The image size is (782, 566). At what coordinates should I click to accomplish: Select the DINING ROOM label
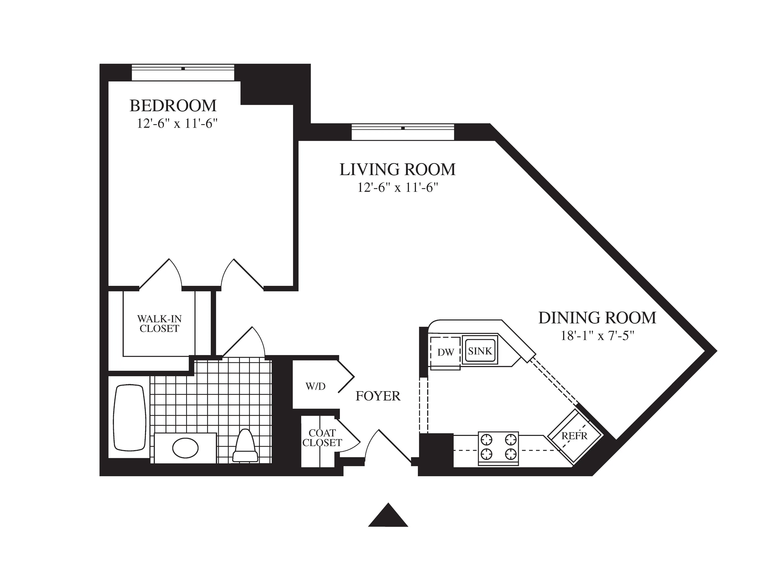click(x=597, y=318)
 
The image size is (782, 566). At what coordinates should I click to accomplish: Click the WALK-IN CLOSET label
click(x=159, y=324)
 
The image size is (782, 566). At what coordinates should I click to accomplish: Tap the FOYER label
click(x=378, y=396)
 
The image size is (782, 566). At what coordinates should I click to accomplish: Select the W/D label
click(x=315, y=386)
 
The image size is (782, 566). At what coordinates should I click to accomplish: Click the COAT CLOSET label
click(x=322, y=438)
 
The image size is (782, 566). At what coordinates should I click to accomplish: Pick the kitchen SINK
click(x=480, y=351)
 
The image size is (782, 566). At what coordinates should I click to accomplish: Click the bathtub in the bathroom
click(x=129, y=418)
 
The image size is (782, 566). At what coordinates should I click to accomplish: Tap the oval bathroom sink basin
click(x=185, y=448)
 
